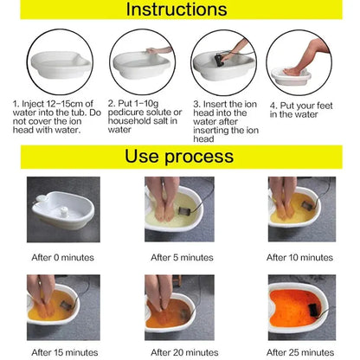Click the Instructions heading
tap(179, 11)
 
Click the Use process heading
tap(179, 157)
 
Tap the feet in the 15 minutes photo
tap(57, 303)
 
